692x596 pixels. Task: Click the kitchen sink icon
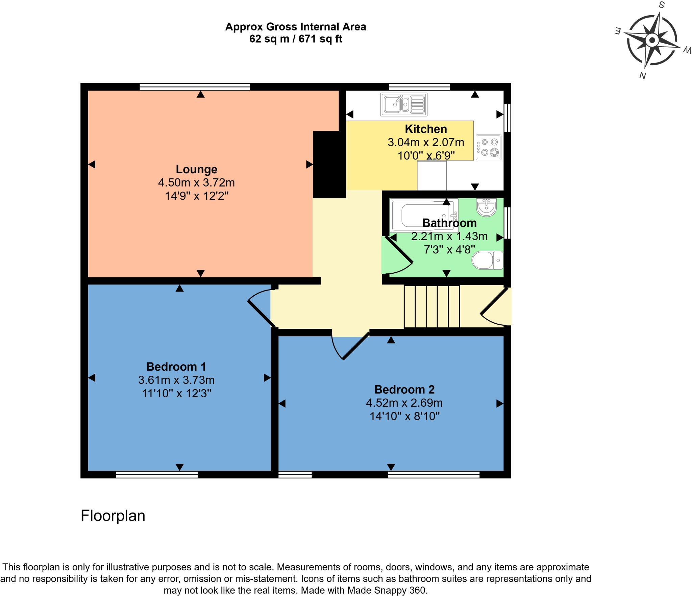(404, 104)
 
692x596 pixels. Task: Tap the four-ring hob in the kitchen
(488, 147)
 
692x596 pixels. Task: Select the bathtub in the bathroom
(423, 215)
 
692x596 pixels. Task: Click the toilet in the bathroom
(487, 260)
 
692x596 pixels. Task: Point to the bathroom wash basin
(486, 207)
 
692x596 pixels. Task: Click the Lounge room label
(196, 169)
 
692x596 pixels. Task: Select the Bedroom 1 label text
(176, 367)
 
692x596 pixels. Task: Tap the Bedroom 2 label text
(404, 390)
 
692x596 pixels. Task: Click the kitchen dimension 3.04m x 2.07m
(426, 142)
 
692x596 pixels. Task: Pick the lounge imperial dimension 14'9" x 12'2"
(197, 196)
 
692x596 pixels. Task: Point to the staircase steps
(432, 306)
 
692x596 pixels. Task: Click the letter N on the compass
(642, 76)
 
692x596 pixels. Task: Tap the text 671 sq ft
(320, 39)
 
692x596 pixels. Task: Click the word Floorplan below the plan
(113, 516)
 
